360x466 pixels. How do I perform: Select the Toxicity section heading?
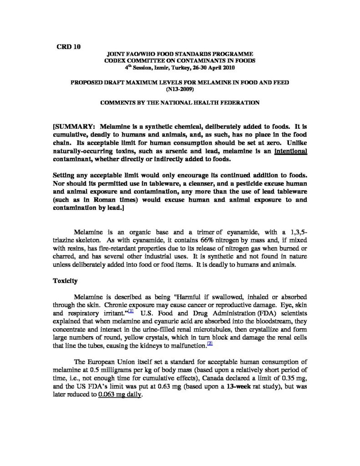(x=66, y=281)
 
